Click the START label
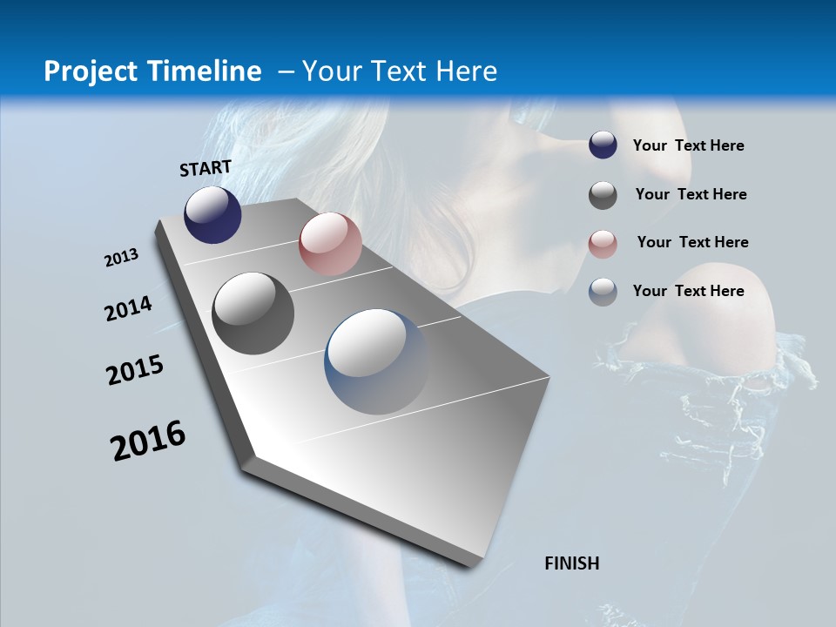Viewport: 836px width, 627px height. tap(206, 168)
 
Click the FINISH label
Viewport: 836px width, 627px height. tap(572, 563)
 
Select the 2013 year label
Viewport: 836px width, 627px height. tap(122, 258)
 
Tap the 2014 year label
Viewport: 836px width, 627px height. tap(128, 308)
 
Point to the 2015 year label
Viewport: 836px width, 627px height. tap(135, 370)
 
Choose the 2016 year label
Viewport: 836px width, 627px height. tap(148, 440)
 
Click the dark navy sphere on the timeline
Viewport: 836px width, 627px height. tap(212, 214)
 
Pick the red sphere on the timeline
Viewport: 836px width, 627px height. tap(330, 244)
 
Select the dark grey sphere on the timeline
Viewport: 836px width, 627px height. tap(253, 313)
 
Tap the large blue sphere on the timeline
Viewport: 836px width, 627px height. tap(376, 361)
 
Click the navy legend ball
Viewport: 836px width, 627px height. tap(603, 145)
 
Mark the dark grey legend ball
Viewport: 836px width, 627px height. tap(603, 195)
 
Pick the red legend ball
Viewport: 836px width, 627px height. tap(603, 244)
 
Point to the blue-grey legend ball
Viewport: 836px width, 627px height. tap(603, 292)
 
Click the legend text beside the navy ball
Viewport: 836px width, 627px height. tap(689, 146)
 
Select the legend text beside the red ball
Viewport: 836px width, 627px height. tap(692, 242)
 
